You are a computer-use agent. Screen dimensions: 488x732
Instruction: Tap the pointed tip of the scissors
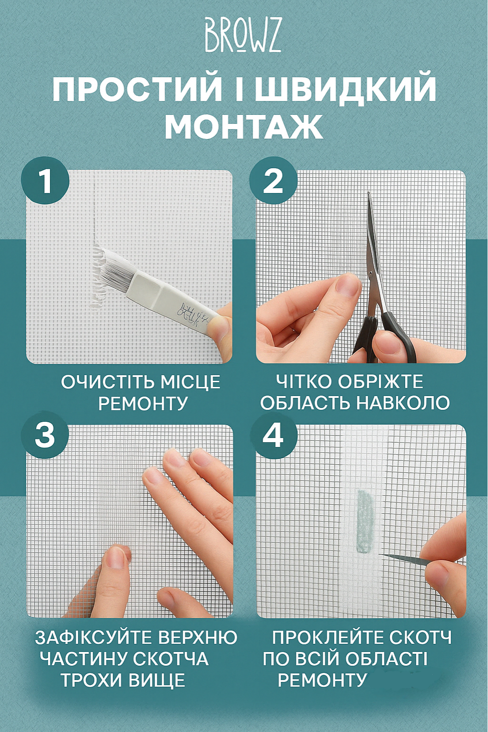pyautogui.click(x=369, y=194)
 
